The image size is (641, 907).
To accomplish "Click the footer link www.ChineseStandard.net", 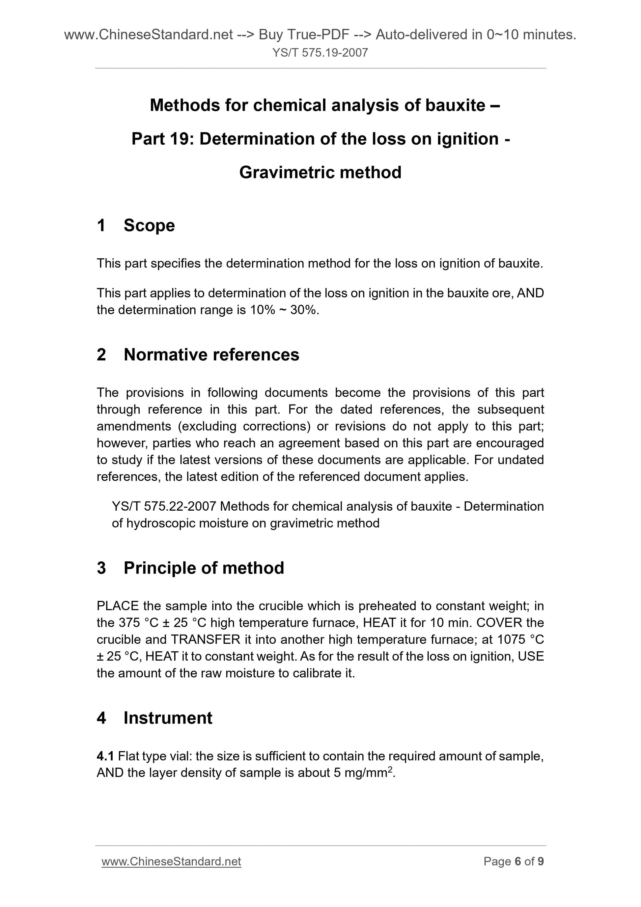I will coord(171,861).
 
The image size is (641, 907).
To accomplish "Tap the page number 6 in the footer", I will coord(518,861).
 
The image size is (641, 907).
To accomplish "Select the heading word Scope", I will coord(149,226).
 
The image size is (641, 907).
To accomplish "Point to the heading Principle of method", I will coord(204,568).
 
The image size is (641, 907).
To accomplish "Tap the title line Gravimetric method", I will coord(320,173).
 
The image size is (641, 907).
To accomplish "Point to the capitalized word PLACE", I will coord(118,606).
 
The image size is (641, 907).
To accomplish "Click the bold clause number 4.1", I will coord(105,756).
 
